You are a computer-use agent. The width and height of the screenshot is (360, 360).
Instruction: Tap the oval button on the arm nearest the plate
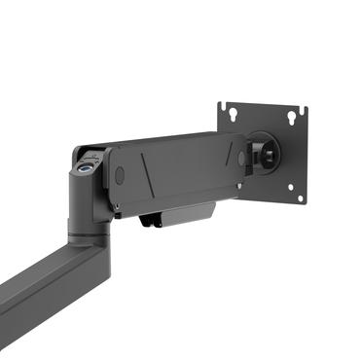(x=241, y=158)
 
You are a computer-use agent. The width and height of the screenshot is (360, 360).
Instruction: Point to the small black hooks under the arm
(x=147, y=221)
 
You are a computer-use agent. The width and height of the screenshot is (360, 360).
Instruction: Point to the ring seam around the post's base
(x=86, y=232)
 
